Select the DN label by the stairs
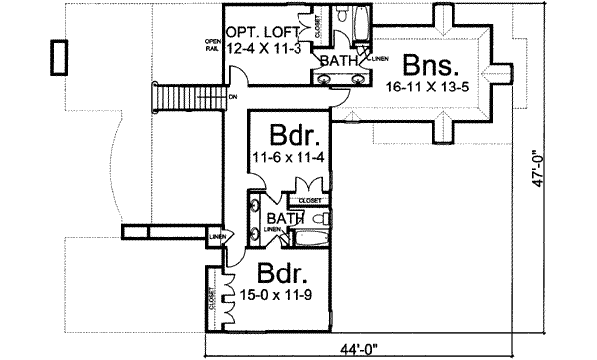(231, 97)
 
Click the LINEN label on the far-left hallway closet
(216, 237)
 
